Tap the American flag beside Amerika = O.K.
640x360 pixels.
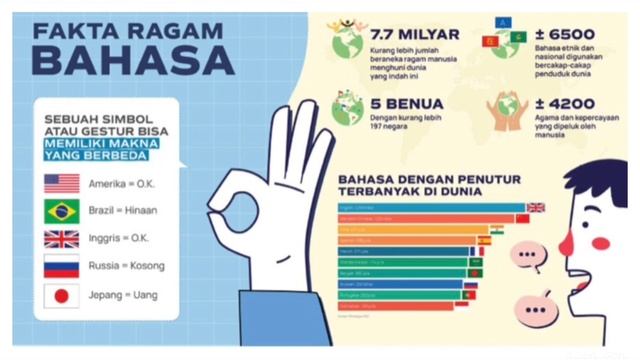tap(62, 184)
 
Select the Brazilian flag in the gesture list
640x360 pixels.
tap(62, 211)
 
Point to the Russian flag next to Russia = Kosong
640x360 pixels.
tap(62, 266)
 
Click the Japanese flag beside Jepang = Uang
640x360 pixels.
tap(62, 296)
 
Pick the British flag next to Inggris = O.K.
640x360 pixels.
tap(62, 238)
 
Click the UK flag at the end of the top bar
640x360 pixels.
tap(536, 207)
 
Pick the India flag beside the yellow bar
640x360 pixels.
tap(497, 229)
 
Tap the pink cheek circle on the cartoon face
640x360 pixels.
tap(601, 242)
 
